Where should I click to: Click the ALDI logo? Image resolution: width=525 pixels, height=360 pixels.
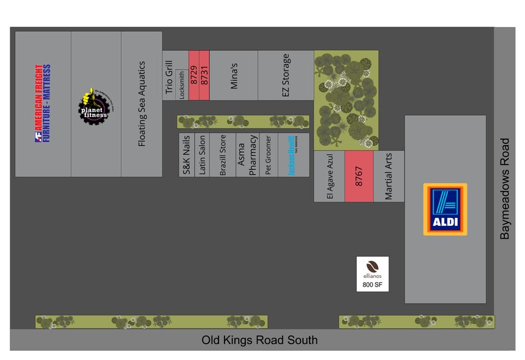pos(445,209)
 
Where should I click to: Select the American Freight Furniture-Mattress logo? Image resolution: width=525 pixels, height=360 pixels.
pos(42,103)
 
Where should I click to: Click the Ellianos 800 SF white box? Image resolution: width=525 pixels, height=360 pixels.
pos(373,274)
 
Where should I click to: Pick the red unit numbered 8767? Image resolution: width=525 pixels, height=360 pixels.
pos(359,176)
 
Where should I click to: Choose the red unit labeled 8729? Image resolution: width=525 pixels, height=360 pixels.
pos(194,75)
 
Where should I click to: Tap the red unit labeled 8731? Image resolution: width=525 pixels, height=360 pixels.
pos(204,75)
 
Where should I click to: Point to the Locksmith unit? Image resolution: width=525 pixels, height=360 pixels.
pos(182,84)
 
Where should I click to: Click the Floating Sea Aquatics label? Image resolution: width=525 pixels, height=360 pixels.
pos(142,103)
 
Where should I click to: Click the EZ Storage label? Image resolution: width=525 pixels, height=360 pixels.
pos(286,75)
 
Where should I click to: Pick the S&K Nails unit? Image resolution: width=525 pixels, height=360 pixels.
pos(187,155)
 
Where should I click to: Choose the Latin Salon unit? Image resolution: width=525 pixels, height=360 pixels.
pos(203,155)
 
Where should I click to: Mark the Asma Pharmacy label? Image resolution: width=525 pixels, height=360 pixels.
pos(247,158)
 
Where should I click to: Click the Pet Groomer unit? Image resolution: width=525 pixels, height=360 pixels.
pos(268,156)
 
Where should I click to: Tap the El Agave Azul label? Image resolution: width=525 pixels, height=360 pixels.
pos(329,177)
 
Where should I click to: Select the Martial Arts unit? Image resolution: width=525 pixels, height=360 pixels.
pos(389,176)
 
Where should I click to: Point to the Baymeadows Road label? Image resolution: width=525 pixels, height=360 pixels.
pos(505,189)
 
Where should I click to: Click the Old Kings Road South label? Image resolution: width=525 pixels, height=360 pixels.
pos(259,340)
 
